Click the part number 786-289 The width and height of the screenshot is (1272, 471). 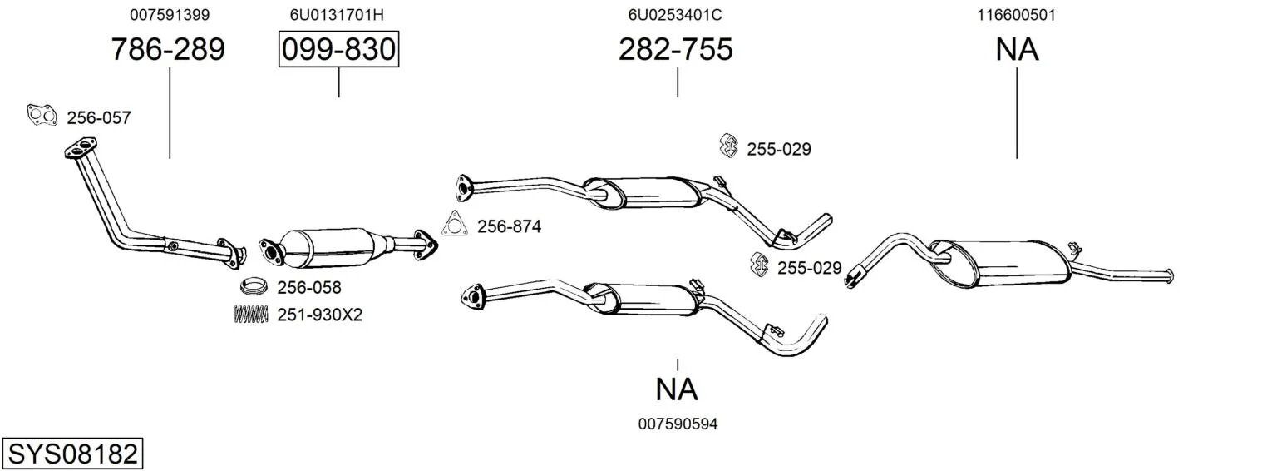[168, 49]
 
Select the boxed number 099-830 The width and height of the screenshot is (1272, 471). [338, 49]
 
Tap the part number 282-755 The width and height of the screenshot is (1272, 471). [676, 49]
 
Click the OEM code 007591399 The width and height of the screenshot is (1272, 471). [170, 15]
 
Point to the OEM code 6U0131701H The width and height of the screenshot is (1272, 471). [337, 15]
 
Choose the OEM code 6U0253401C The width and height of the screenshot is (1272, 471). [675, 15]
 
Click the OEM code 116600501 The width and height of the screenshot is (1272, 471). [1016, 15]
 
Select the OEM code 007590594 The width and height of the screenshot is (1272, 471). [678, 424]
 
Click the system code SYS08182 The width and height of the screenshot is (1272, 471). [72, 454]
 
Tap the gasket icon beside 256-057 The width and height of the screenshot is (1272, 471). [42, 116]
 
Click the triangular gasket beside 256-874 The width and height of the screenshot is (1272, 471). [454, 224]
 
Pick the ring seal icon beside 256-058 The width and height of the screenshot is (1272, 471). [254, 285]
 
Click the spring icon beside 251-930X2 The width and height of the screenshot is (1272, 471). [251, 315]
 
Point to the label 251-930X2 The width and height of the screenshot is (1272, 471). [320, 315]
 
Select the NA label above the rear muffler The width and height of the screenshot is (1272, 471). [1017, 49]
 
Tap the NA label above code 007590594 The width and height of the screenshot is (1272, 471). [676, 389]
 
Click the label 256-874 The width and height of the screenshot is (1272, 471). [510, 226]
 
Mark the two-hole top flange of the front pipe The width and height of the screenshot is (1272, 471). [80, 146]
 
